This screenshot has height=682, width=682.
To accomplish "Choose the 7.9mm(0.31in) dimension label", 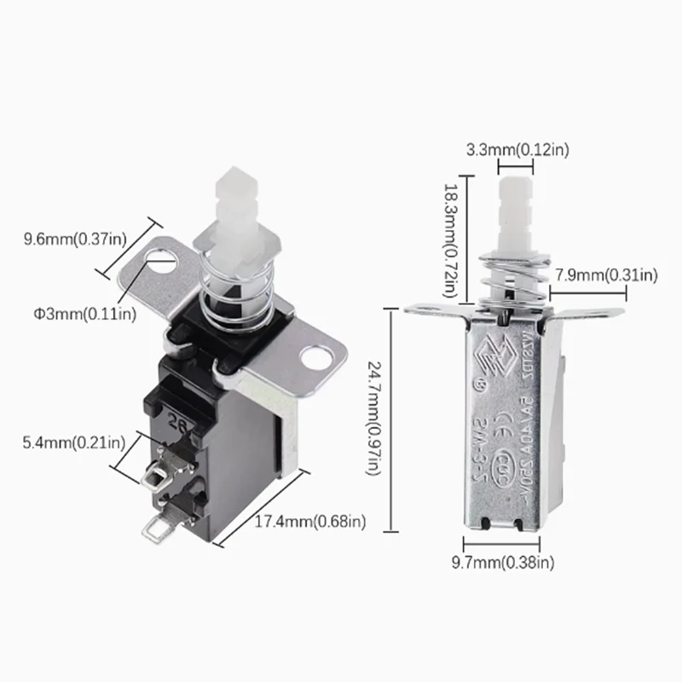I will tap(605, 275).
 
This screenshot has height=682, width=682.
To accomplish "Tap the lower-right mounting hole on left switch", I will tap(321, 358).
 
